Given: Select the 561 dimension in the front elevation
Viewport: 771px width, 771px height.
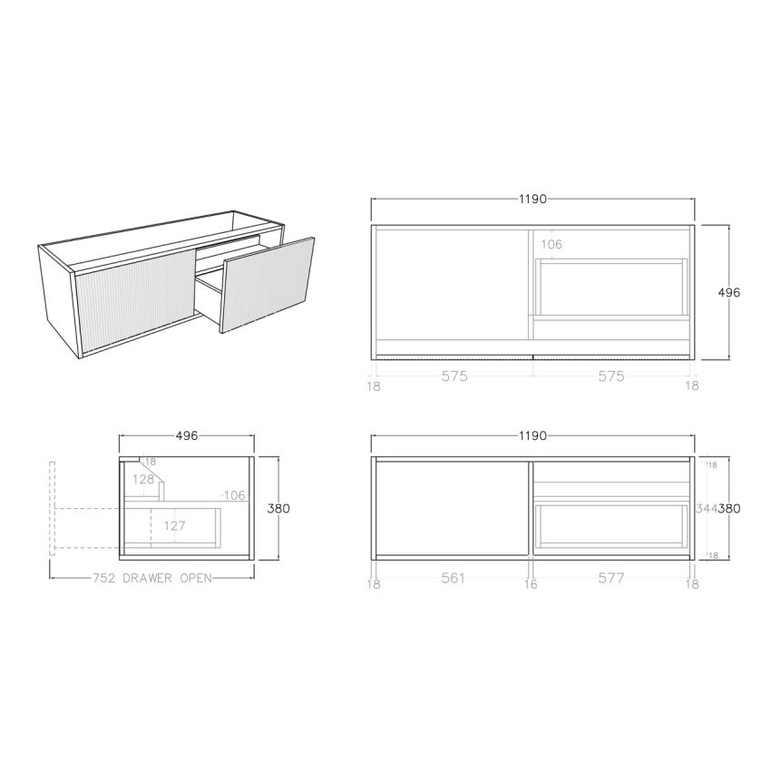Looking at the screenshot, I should [453, 579].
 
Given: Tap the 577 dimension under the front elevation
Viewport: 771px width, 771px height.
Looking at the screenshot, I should [611, 579].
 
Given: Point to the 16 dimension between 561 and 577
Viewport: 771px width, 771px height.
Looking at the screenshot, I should [532, 585].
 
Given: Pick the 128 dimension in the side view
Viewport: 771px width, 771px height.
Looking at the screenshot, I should [143, 479].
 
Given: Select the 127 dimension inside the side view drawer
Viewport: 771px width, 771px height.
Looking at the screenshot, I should [176, 524].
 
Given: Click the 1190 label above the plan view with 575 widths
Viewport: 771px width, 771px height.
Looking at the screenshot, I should [533, 200].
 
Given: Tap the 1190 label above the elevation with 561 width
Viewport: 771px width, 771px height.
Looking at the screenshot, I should [533, 436].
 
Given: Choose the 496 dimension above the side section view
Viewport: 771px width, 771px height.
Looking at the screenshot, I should [186, 436].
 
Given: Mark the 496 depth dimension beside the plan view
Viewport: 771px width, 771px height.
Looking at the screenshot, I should [729, 293].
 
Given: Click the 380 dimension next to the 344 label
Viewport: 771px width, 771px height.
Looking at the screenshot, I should [729, 509].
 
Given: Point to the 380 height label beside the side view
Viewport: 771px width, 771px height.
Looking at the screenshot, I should [278, 509].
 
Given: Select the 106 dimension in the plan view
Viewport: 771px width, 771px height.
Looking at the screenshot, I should [551, 244].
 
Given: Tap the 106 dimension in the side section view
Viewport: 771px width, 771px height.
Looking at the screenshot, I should [235, 495].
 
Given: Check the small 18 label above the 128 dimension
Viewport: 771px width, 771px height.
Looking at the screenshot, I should [151, 462].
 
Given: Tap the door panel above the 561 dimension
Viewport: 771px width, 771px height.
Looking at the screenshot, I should [451, 508].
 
